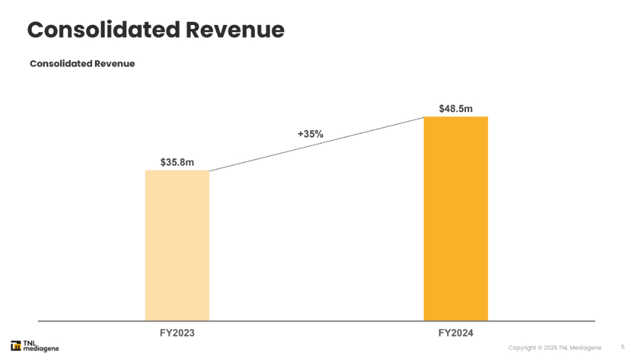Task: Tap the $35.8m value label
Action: [x=177, y=162]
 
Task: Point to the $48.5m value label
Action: [x=456, y=109]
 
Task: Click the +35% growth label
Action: [x=310, y=135]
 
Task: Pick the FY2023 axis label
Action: [x=177, y=333]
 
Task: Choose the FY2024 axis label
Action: [x=456, y=333]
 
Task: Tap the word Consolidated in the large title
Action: [x=102, y=30]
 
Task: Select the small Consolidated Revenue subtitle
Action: [x=82, y=63]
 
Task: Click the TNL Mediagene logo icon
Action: [x=16, y=347]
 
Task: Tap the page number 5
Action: [x=622, y=347]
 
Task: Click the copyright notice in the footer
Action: [x=554, y=348]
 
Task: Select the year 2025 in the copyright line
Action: [x=550, y=348]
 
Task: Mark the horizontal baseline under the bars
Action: [x=317, y=321]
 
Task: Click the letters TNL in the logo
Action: [x=30, y=343]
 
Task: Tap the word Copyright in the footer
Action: [x=522, y=348]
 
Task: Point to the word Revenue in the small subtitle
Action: [x=115, y=63]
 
